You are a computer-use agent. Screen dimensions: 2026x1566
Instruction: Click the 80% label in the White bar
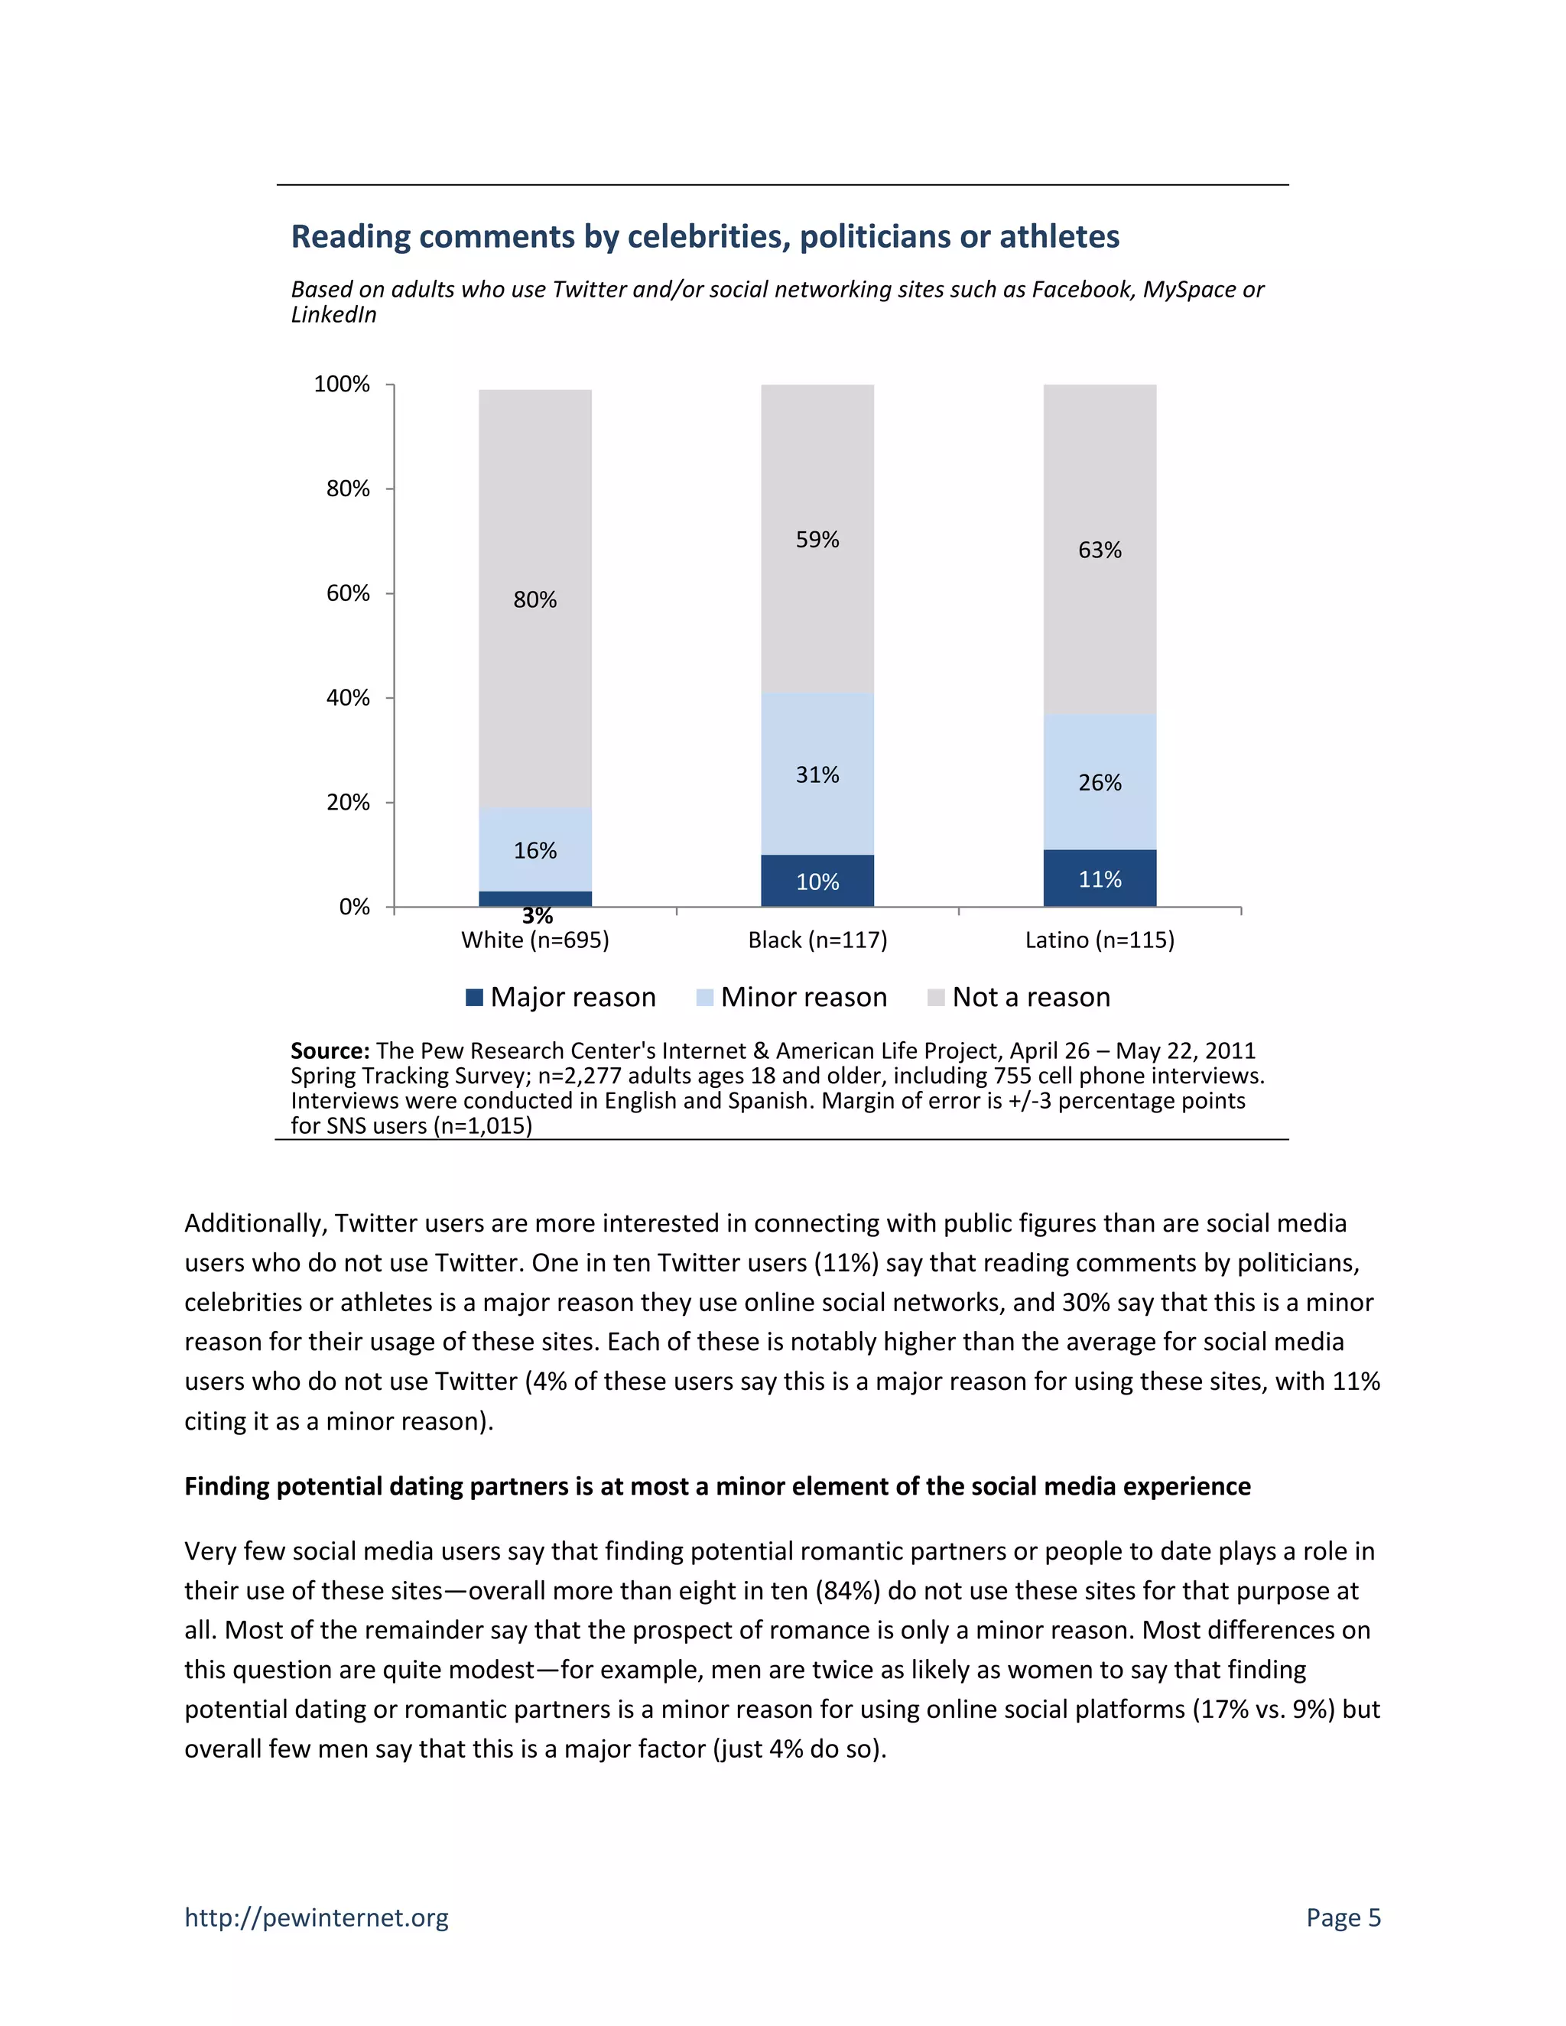click(535, 600)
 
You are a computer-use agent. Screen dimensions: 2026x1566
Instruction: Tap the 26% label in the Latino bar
click(1100, 783)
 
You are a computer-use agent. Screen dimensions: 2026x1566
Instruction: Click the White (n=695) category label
click(535, 940)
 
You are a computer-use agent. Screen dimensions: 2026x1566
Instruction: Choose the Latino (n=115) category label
click(1100, 940)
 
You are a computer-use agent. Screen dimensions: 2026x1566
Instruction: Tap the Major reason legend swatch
click(474, 997)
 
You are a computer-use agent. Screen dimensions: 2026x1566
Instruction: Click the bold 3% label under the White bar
click(537, 917)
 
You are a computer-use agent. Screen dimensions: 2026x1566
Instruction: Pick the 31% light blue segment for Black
click(817, 774)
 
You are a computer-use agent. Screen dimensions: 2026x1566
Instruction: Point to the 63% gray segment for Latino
click(1100, 550)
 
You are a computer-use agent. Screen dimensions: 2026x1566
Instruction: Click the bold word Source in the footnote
click(330, 1051)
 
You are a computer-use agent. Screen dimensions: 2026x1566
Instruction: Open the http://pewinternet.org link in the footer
click(317, 1917)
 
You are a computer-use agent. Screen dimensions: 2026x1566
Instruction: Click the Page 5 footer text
click(1343, 1917)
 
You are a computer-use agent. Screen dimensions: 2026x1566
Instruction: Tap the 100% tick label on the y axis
click(341, 384)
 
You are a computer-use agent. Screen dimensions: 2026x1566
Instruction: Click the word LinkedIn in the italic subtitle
click(334, 316)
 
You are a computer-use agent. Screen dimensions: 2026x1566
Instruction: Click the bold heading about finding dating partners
click(716, 1486)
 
